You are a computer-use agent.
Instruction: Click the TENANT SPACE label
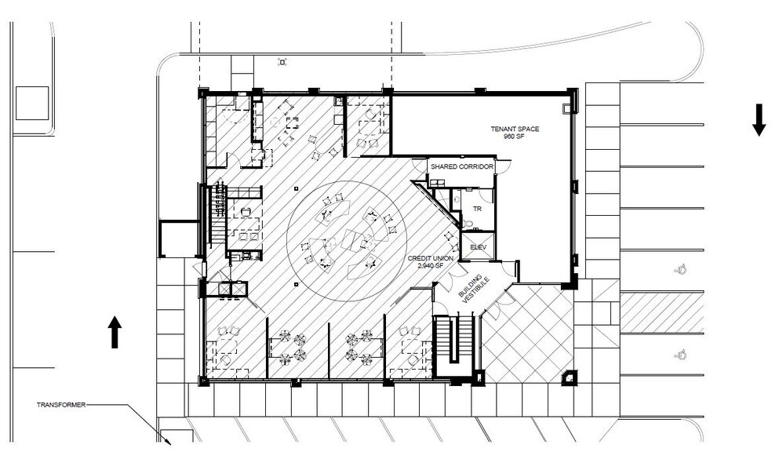(x=515, y=129)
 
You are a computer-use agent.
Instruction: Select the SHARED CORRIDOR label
(x=461, y=168)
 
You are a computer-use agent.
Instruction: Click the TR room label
(x=476, y=210)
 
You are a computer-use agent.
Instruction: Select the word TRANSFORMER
(x=60, y=405)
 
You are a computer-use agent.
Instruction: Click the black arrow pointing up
(x=114, y=331)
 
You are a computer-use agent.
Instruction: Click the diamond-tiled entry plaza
(x=527, y=334)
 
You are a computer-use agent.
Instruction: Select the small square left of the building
(x=32, y=104)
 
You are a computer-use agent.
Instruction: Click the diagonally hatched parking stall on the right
(x=661, y=312)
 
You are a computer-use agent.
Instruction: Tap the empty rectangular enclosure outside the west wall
(x=178, y=239)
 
